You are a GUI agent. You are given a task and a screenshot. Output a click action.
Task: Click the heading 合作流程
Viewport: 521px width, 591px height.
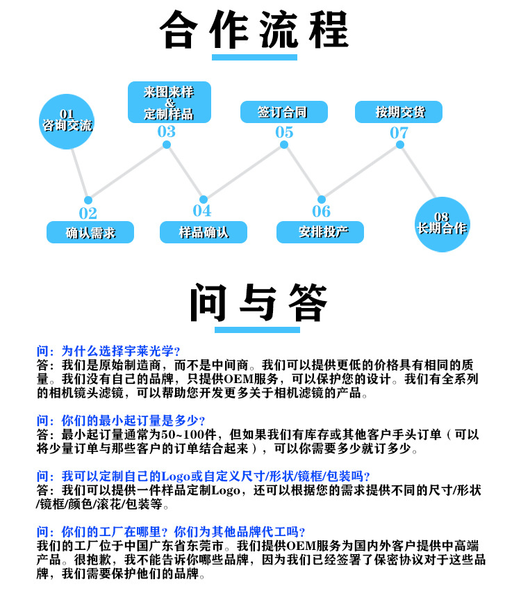tap(254, 29)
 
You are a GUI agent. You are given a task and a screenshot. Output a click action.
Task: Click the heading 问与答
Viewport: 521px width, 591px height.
tap(259, 302)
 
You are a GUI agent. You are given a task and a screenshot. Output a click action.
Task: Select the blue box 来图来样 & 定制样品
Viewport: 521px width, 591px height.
tap(169, 102)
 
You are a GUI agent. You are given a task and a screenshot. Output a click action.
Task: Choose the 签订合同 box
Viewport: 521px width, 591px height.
tap(283, 112)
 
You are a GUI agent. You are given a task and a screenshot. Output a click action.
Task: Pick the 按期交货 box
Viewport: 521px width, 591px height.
tap(399, 112)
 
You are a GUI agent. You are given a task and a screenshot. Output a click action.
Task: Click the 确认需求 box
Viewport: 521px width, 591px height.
tap(90, 232)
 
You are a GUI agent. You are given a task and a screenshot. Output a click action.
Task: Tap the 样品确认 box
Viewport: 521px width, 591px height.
tap(204, 232)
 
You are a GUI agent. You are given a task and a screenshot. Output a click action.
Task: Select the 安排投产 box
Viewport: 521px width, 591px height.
tap(320, 232)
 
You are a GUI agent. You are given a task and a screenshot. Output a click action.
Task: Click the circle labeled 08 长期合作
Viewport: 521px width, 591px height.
tap(442, 223)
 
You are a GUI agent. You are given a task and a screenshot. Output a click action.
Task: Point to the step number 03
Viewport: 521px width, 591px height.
tap(167, 131)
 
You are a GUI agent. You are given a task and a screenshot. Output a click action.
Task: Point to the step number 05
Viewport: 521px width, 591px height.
tap(283, 132)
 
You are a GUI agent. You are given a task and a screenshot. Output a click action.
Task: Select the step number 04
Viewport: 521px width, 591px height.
tap(202, 211)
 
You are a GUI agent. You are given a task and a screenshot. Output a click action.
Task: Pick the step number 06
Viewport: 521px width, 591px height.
tap(321, 211)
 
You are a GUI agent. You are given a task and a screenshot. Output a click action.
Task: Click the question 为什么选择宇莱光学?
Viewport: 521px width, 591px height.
tap(111, 350)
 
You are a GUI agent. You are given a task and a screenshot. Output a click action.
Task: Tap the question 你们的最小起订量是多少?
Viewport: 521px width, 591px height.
tap(121, 420)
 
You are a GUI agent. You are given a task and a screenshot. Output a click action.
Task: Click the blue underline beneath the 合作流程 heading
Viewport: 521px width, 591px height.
tap(254, 58)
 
